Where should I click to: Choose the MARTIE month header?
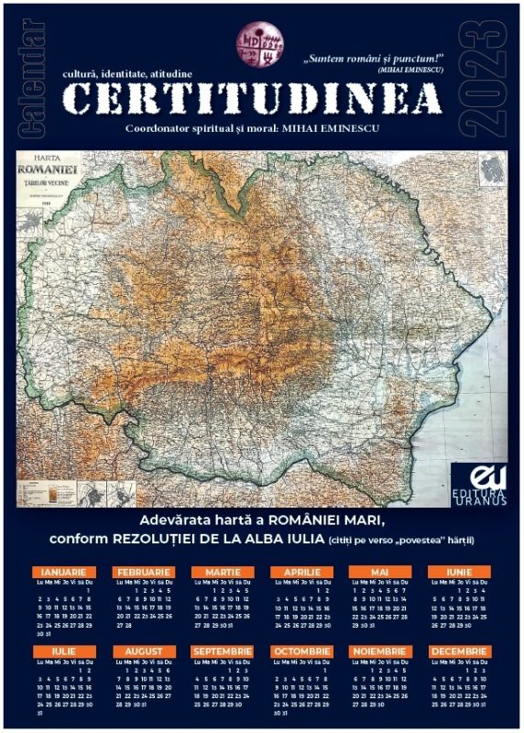[x=223, y=573]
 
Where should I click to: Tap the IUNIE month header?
[x=459, y=573]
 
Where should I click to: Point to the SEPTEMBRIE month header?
[x=223, y=651]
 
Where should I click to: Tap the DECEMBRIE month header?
[x=459, y=651]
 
